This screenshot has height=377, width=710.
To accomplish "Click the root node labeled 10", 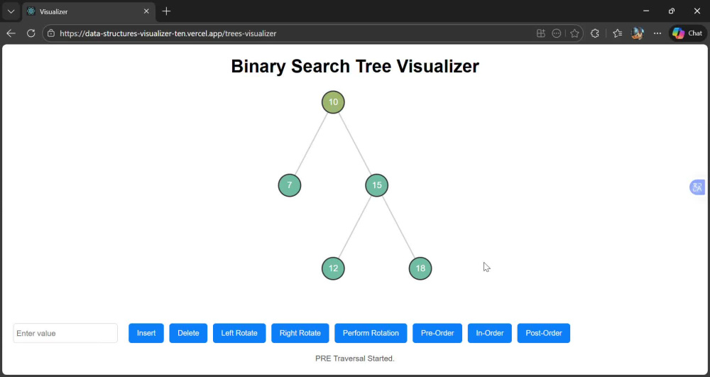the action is pos(333,102).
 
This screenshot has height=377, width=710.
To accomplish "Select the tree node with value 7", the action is pos(290,185).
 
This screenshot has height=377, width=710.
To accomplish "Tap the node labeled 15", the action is pos(377,185).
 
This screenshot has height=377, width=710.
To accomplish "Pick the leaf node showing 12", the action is pos(333,268).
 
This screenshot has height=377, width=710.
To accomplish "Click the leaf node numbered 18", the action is pos(420,268).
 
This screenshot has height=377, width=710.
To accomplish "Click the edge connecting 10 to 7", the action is pos(311,143).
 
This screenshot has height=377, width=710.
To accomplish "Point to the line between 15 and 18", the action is pos(398,226).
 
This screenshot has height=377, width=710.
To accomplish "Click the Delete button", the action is pos(188,333).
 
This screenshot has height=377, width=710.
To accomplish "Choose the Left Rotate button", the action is pos(239,333).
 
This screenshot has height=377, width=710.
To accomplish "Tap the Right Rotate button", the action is pos(300,333).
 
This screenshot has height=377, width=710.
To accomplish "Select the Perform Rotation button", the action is pos(371,333).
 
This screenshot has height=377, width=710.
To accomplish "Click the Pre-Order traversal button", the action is pos(437,333).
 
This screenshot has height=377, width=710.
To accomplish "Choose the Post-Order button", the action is pos(544,333).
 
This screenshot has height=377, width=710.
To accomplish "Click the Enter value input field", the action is pos(65,333).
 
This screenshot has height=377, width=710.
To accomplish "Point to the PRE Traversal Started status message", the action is pos(355,359).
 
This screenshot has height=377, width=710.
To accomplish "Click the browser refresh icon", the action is pos(31,33).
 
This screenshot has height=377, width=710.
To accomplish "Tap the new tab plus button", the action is pos(166,11).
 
